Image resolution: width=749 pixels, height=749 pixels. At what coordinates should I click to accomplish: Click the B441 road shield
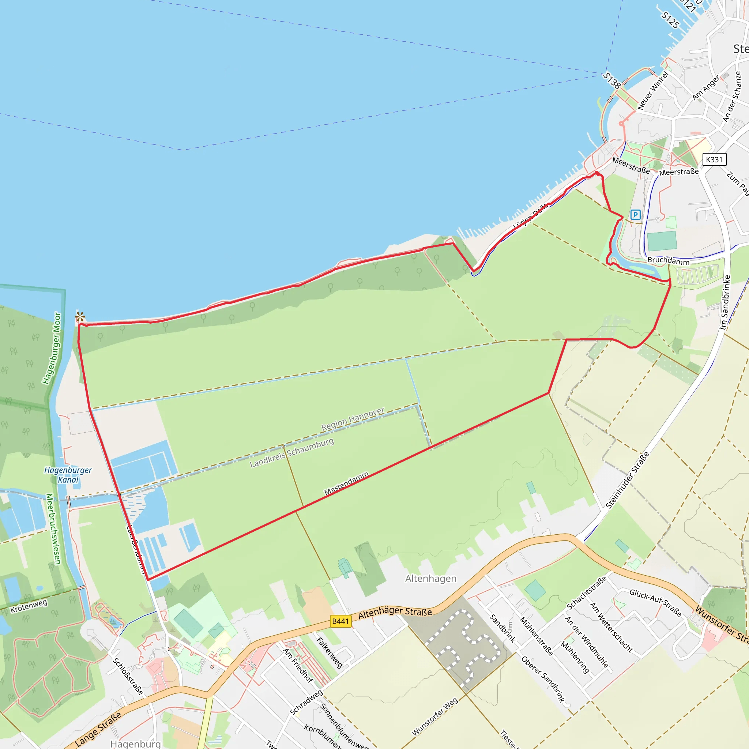click(x=340, y=621)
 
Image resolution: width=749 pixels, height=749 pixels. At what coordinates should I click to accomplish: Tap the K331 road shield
click(x=714, y=159)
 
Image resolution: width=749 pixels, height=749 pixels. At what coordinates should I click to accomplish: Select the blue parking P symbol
click(x=635, y=214)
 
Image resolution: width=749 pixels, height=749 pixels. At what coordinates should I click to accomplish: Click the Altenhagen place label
click(x=431, y=579)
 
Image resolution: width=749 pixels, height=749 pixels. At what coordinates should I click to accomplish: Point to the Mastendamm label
click(x=346, y=483)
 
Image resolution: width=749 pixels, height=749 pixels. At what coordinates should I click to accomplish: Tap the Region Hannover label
click(x=353, y=419)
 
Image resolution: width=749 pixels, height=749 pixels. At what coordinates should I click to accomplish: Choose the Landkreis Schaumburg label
click(x=291, y=452)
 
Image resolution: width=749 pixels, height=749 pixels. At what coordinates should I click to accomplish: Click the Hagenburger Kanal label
click(x=68, y=474)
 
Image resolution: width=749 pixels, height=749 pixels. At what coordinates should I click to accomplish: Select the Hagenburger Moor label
click(x=52, y=348)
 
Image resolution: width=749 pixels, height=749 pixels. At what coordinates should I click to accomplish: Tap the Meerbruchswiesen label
click(x=53, y=529)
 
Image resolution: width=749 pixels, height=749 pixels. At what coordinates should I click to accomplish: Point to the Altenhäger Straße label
click(x=395, y=613)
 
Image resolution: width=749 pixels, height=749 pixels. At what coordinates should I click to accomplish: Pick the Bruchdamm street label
click(x=669, y=260)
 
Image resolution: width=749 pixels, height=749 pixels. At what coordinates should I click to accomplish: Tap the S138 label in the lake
click(x=612, y=80)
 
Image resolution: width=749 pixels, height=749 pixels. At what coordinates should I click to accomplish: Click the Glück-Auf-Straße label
click(x=655, y=602)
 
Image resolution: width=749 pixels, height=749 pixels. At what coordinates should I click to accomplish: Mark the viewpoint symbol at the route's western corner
click(x=80, y=317)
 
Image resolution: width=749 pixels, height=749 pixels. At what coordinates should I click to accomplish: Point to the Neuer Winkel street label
click(x=653, y=90)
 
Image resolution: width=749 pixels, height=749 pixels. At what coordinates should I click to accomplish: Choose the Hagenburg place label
click(x=135, y=744)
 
